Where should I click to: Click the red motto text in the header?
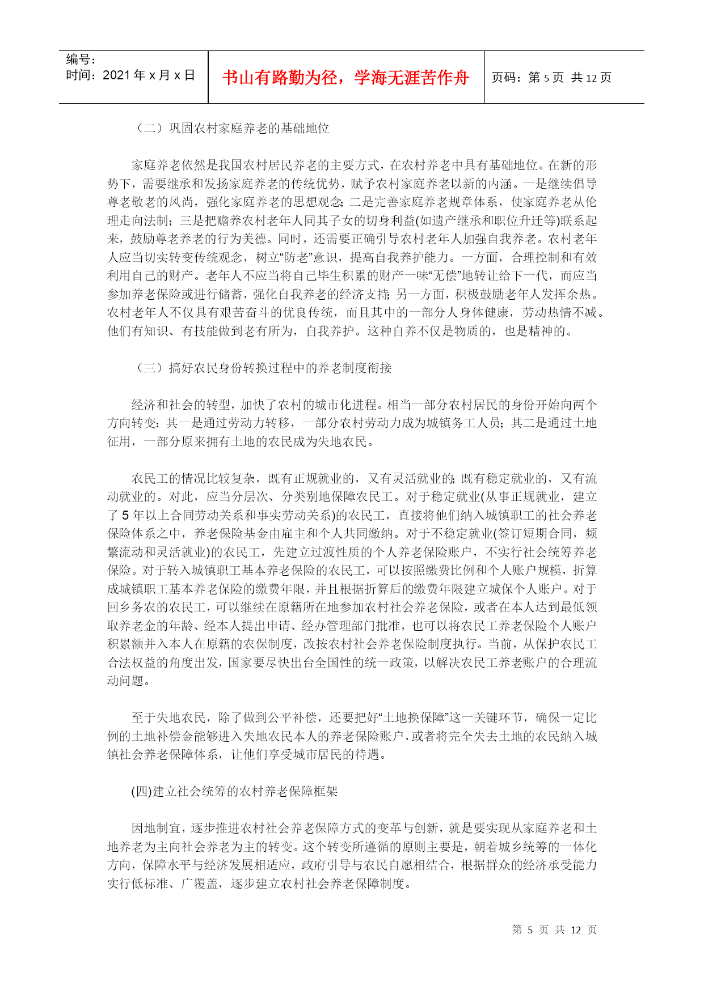click(x=345, y=78)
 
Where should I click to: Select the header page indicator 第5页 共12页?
click(x=551, y=78)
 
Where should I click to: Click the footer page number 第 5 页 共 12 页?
click(x=554, y=930)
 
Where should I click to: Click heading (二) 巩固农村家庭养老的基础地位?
click(x=232, y=129)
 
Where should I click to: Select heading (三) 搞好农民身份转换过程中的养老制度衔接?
click(x=263, y=368)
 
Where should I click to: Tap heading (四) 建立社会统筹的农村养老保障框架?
click(x=234, y=792)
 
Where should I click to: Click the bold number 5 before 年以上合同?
click(x=125, y=516)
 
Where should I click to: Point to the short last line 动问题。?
click(x=129, y=681)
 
